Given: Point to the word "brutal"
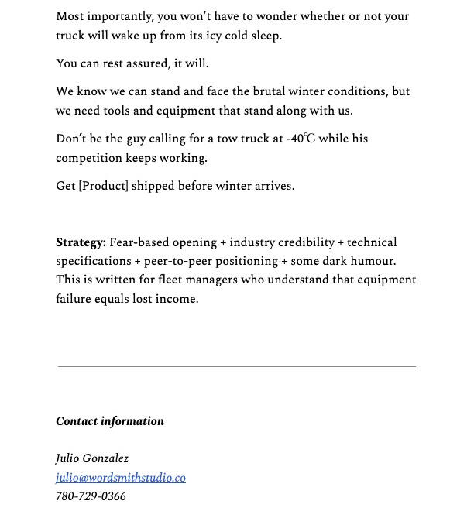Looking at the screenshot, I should [x=264, y=91].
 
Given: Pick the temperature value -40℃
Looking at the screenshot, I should [x=301, y=139].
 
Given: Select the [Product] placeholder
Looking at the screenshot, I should [x=103, y=186].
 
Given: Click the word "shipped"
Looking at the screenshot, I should [x=153, y=186].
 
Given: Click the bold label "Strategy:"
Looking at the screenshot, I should [x=81, y=242].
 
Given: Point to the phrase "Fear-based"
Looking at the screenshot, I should [x=139, y=242].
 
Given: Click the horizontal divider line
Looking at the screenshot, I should [x=236, y=366].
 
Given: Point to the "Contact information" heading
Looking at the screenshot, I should [x=110, y=421].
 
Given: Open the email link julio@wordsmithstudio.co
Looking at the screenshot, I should [x=121, y=478].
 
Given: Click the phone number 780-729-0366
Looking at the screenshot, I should [x=91, y=496].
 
